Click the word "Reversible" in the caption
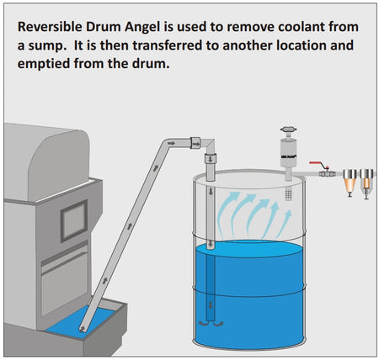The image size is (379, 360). pos(50,27)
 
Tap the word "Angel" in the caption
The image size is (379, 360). pos(142,28)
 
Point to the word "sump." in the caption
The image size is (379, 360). pos(46,46)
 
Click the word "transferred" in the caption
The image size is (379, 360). pos(168,45)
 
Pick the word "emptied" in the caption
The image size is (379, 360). pos(44,65)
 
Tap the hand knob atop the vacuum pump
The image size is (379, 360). pos(288,130)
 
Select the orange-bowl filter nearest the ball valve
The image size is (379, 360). pos(350,183)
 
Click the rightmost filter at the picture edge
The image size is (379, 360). pos(366,183)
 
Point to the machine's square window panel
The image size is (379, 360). pos(74,221)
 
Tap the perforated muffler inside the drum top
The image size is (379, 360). pos(288,194)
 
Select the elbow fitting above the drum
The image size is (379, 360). pos(208,146)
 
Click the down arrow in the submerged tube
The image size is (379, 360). pos(211,304)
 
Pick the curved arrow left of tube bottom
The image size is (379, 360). pos(204,324)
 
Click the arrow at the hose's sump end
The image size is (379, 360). pos(83,328)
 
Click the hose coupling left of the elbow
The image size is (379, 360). pos(195,143)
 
